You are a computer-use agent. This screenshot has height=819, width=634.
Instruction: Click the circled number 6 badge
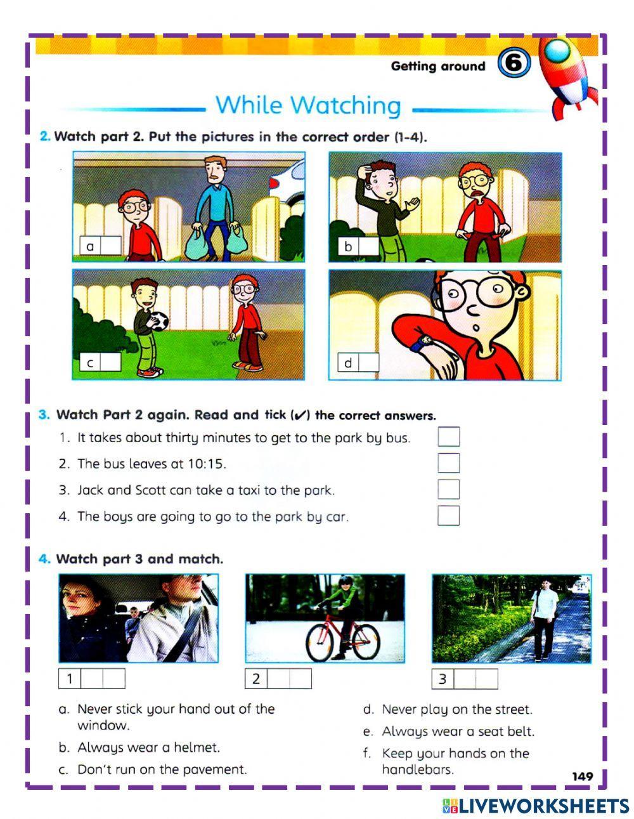(514, 64)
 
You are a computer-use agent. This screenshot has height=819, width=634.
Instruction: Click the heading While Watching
(308, 105)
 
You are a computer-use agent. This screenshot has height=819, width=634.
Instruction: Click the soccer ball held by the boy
(159, 322)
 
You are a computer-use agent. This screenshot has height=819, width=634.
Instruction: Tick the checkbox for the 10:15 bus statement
(448, 463)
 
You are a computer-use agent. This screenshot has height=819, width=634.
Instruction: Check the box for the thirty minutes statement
(448, 437)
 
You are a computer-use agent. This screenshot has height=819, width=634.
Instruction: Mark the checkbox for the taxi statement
(448, 490)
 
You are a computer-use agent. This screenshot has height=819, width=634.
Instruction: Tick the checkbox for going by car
(448, 516)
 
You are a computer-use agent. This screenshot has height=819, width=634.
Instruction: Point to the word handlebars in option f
(417, 770)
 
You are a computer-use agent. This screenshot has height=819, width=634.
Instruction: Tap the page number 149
(582, 776)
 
